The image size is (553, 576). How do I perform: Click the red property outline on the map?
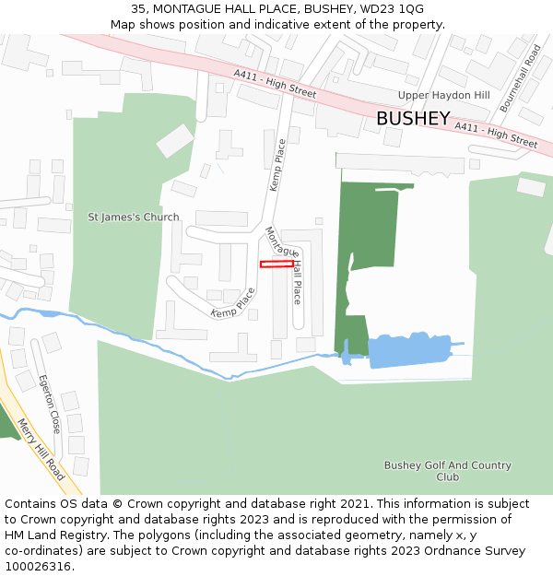click(276, 264)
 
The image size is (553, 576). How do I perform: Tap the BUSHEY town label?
click(413, 119)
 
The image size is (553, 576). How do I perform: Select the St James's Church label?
click(134, 217)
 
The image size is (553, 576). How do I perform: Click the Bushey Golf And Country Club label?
click(447, 471)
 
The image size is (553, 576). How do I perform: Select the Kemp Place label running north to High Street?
click(276, 165)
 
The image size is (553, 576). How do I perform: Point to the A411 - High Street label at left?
click(274, 88)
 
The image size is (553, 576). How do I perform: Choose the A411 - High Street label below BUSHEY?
click(495, 135)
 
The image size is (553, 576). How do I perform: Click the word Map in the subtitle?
click(124, 25)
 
